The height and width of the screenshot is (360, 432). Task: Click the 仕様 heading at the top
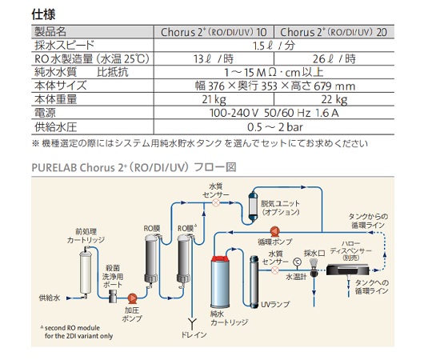[43, 14]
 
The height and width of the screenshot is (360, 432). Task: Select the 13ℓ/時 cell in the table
[214, 58]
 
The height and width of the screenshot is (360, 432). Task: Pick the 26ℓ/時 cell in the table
[334, 58]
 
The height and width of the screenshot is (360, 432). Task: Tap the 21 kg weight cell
[214, 99]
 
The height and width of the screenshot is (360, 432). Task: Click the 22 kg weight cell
[334, 99]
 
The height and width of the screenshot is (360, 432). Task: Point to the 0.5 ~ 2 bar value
[274, 127]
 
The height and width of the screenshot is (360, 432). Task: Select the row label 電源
[45, 113]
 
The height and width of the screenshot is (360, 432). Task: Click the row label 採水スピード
[64, 45]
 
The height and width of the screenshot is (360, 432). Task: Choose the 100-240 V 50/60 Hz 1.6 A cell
[274, 113]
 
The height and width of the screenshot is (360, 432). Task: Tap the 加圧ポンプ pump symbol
[132, 298]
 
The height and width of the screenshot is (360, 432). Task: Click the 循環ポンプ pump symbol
[274, 232]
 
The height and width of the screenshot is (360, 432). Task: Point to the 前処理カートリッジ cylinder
[85, 271]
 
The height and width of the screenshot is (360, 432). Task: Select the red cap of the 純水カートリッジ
[220, 259]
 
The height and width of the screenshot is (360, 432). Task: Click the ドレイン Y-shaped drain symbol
[192, 322]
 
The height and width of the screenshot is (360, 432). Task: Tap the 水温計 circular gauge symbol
[297, 262]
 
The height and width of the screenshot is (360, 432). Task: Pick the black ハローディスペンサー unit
[348, 270]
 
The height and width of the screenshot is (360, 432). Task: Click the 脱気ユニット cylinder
[253, 206]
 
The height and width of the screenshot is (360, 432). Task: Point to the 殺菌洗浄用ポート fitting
[113, 296]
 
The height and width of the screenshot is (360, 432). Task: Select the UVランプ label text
[275, 304]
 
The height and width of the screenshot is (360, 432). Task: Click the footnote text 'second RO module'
[72, 328]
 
